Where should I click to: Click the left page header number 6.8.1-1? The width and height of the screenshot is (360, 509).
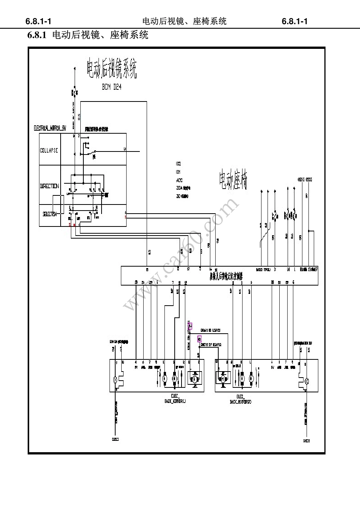pyautogui.click(x=38, y=21)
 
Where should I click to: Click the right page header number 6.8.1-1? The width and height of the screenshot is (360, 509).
pyautogui.click(x=295, y=21)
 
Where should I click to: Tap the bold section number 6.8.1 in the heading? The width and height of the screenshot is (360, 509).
pyautogui.click(x=37, y=36)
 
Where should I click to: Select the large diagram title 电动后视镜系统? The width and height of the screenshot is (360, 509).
pyautogui.click(x=112, y=69)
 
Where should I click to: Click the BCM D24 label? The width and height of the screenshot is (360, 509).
pyautogui.click(x=112, y=87)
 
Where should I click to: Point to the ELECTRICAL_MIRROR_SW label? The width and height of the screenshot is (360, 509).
pyautogui.click(x=50, y=128)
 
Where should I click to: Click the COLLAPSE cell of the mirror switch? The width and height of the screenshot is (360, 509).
pyautogui.click(x=49, y=150)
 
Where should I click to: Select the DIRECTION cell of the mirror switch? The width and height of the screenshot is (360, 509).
pyautogui.click(x=49, y=186)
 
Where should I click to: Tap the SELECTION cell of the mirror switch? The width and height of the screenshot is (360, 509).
pyautogui.click(x=49, y=214)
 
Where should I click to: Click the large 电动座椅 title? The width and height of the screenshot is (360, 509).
pyautogui.click(x=233, y=180)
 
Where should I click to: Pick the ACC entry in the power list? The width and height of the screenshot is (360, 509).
pyautogui.click(x=179, y=180)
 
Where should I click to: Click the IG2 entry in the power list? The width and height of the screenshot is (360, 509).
pyautogui.click(x=178, y=164)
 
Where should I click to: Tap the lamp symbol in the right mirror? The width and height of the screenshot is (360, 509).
pyautogui.click(x=307, y=381)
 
